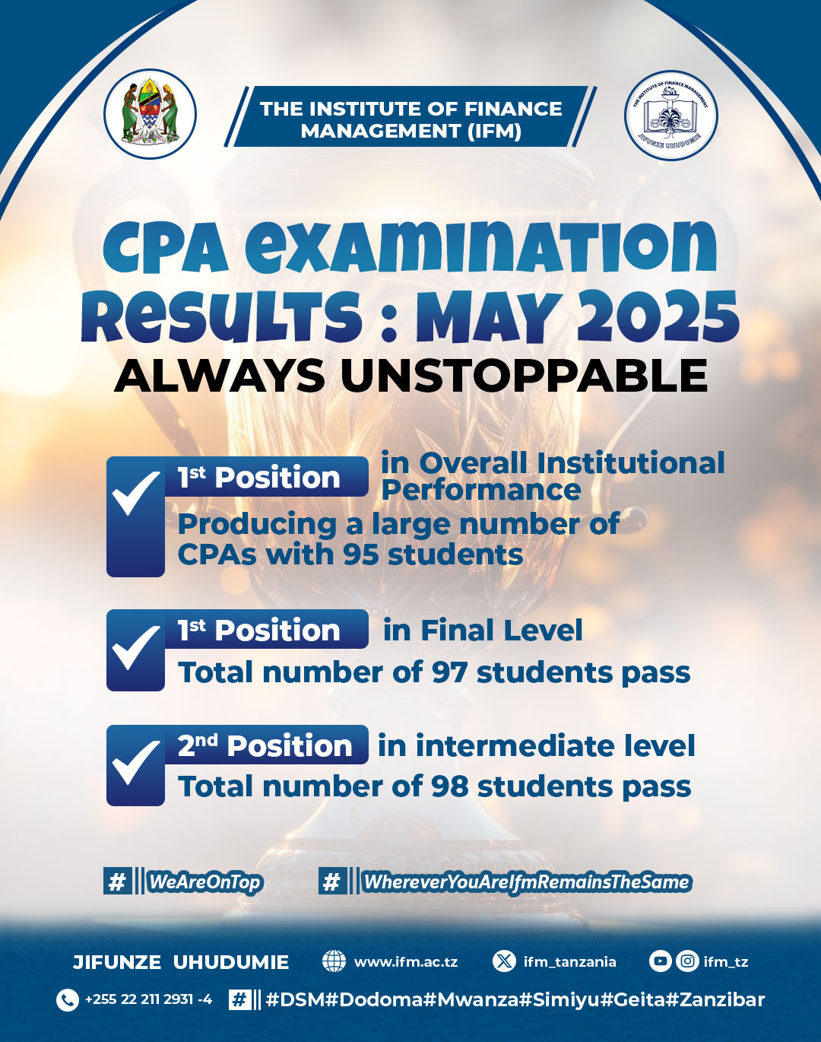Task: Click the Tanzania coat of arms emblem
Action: (150, 114)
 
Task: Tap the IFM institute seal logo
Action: (671, 116)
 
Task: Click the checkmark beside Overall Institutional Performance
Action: (135, 493)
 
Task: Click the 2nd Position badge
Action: (266, 745)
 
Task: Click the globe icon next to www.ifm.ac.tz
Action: (334, 961)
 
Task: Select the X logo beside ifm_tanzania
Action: (504, 961)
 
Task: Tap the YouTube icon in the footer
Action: (661, 961)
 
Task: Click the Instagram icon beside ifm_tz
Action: (687, 961)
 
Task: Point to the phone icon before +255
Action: (68, 1000)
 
